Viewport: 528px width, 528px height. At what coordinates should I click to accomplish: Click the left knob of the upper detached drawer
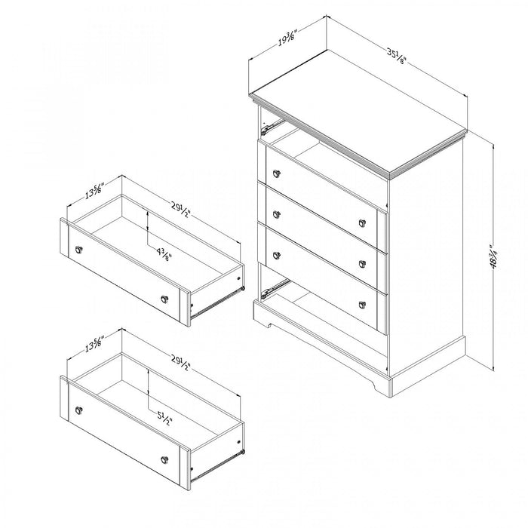pos(78,249)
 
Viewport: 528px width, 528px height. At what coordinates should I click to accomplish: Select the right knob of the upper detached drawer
pos(165,300)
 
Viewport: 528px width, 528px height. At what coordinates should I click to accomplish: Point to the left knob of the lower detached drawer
pos(78,410)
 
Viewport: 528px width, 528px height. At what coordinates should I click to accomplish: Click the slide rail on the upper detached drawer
pos(219,300)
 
